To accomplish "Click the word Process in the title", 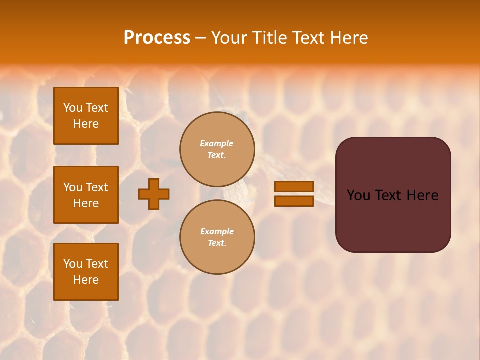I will tap(157, 38).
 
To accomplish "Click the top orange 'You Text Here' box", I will tap(86, 116).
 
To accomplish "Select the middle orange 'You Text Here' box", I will tap(86, 195).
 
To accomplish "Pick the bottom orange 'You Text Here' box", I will tap(86, 271).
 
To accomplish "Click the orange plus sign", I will tap(154, 194).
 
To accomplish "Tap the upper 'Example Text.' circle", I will tap(217, 149).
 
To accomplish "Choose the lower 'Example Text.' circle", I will tap(217, 237).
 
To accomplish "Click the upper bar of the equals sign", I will tap(294, 187).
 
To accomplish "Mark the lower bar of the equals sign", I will tap(294, 201).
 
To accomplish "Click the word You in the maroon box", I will tap(358, 195).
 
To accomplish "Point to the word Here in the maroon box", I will tap(422, 195).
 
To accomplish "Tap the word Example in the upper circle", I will tap(217, 143).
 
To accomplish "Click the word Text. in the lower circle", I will tap(217, 243).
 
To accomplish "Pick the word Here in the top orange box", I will tap(86, 124).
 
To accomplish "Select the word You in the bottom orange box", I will tap(73, 264).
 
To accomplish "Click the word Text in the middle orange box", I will tap(96, 187).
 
